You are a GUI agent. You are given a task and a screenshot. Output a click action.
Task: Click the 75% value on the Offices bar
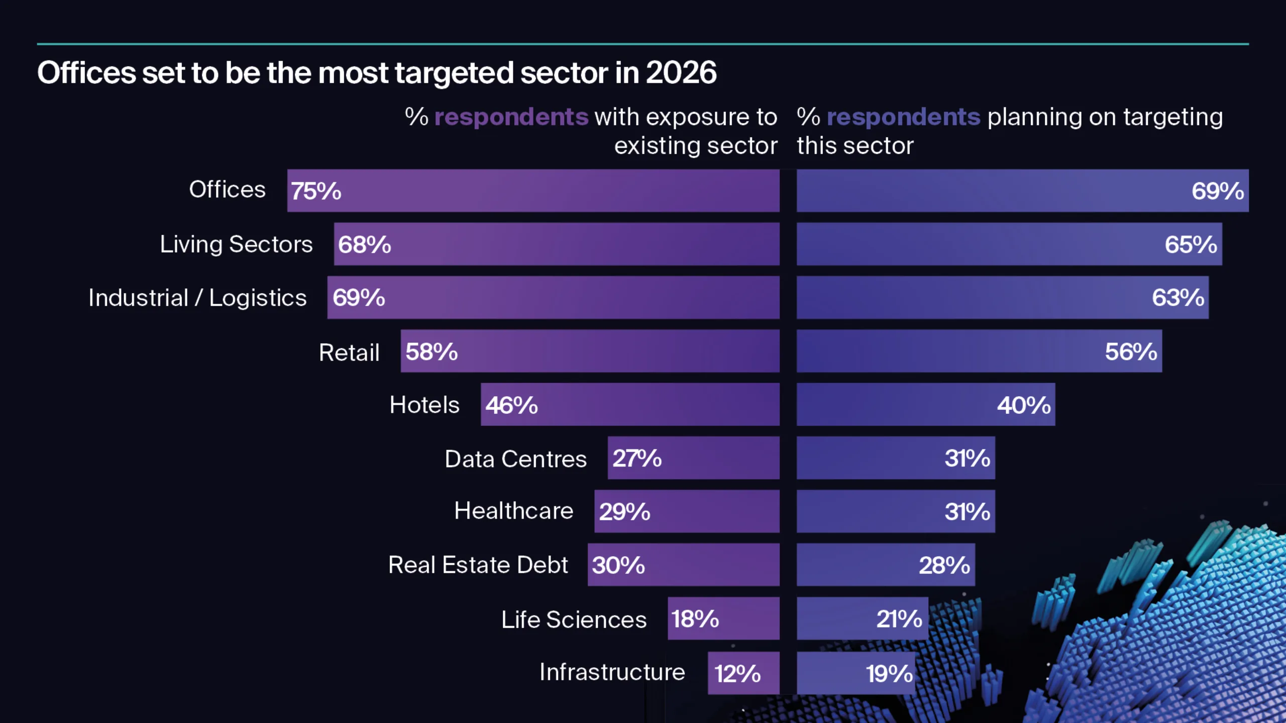pos(316,191)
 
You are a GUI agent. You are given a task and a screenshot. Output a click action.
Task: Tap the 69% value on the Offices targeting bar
pos(1217,191)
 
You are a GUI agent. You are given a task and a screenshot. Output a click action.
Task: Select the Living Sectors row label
pos(236,245)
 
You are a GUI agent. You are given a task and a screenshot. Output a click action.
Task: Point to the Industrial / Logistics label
pos(197,298)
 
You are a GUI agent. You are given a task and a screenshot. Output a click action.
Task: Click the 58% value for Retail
pos(432,351)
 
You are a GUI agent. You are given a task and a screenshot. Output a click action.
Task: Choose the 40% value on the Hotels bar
pos(1023,405)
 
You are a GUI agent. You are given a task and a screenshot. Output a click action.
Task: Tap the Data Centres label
pos(515,459)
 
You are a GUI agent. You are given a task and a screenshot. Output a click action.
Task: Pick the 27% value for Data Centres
pos(636,458)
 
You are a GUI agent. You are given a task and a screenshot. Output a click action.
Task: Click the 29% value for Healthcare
pos(624,512)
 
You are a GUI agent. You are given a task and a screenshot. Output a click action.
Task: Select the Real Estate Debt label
pos(478,565)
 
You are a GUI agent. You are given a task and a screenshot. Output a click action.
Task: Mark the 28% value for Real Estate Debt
pos(944,565)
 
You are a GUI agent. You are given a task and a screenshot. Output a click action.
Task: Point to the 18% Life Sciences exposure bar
pos(723,619)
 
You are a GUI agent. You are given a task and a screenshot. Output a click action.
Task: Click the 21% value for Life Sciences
pos(899,619)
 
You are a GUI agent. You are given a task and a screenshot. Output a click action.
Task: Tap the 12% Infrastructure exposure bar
pos(743,673)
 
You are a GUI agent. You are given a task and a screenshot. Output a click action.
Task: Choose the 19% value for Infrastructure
pos(889,674)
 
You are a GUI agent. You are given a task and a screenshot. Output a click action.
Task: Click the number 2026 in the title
pos(681,73)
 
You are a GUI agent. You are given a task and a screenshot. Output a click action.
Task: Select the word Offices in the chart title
pos(86,73)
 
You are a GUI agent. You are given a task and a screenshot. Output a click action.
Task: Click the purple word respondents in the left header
pos(511,117)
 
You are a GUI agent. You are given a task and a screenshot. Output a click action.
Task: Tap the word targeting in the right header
pos(1172,117)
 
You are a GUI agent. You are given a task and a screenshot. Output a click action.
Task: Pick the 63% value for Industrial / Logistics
pos(1177,298)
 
